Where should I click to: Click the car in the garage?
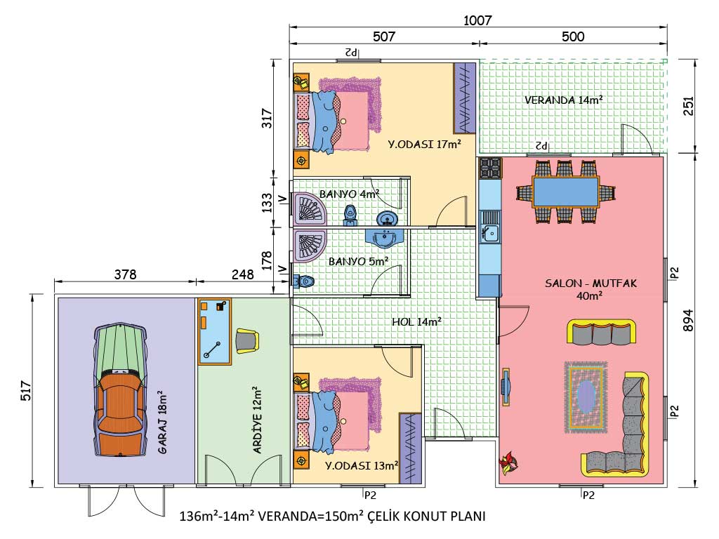[120, 390]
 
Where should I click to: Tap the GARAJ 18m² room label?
[162, 422]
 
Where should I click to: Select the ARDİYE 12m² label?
[257, 420]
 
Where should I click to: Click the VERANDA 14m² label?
[564, 100]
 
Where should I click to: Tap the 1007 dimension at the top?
[477, 20]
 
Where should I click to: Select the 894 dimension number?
[688, 320]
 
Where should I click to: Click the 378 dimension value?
[125, 274]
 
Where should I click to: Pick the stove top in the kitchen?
[490, 168]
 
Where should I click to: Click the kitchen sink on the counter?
[489, 233]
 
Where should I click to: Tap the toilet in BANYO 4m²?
[350, 215]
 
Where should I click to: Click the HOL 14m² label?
[416, 321]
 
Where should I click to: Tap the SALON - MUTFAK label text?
[591, 284]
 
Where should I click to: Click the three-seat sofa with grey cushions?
[601, 332]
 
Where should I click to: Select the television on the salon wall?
[506, 387]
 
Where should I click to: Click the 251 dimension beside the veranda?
[688, 106]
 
